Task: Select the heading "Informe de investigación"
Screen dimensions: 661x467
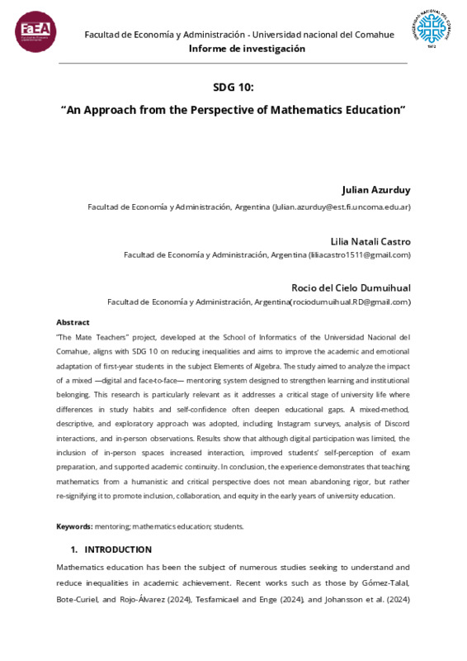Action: pos(247,49)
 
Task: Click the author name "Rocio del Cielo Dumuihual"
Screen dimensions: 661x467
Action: pos(351,287)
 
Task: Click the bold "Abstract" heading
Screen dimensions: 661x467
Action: pos(73,322)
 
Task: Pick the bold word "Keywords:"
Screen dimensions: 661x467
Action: pos(74,526)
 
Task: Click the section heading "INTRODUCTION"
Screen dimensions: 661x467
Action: pos(118,549)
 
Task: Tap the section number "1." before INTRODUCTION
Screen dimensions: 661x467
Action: pos(74,549)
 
